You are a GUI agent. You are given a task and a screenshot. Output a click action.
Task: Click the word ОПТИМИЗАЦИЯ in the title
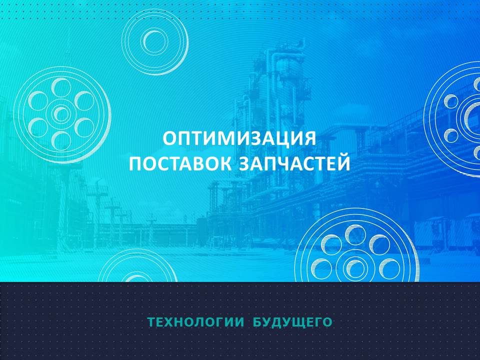click(x=239, y=139)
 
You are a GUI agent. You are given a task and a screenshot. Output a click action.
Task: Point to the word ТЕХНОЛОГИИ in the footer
click(x=196, y=322)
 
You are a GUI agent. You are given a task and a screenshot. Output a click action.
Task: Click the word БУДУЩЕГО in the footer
click(x=292, y=322)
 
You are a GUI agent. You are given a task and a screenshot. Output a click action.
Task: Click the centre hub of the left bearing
click(x=61, y=114)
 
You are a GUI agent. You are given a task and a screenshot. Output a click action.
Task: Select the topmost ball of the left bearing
click(x=61, y=87)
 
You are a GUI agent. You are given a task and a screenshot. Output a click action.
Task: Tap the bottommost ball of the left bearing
click(x=61, y=141)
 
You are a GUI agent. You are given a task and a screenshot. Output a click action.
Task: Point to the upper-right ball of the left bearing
click(x=84, y=100)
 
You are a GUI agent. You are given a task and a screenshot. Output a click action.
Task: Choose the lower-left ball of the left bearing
click(x=38, y=127)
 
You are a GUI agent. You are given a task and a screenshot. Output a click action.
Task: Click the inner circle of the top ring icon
click(x=154, y=41)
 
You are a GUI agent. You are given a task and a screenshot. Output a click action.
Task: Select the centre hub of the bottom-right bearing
click(x=355, y=268)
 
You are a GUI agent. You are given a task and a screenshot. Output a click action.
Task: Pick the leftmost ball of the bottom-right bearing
click(x=321, y=268)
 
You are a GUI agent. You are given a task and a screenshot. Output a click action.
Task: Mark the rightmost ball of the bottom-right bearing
click(x=389, y=268)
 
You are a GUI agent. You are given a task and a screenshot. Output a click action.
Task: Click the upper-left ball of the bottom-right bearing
click(x=331, y=244)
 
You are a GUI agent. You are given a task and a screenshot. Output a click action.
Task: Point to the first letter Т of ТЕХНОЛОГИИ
click(x=151, y=322)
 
